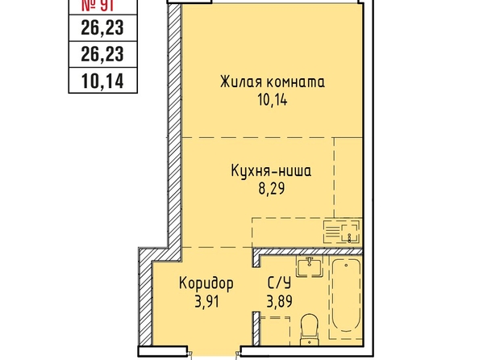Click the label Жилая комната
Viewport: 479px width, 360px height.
pyautogui.click(x=273, y=82)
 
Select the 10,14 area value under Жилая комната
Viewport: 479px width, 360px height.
pyautogui.click(x=273, y=100)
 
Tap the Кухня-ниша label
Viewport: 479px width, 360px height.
pyautogui.click(x=271, y=170)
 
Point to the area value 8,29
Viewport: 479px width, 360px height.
pyautogui.click(x=272, y=188)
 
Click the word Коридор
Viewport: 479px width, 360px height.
pyautogui.click(x=206, y=283)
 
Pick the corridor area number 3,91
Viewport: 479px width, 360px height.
pyautogui.click(x=206, y=302)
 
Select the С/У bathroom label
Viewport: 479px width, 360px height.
pyautogui.click(x=279, y=283)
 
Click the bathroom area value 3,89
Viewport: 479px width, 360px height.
pyautogui.click(x=280, y=301)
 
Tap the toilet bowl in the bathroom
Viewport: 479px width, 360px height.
pyautogui.click(x=310, y=326)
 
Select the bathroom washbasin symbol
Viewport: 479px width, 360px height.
pyautogui.click(x=310, y=266)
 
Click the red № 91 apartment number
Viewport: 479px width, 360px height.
pyautogui.click(x=98, y=6)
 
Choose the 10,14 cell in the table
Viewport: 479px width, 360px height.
pyautogui.click(x=102, y=81)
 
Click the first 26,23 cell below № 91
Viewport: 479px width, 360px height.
pyautogui.click(x=102, y=27)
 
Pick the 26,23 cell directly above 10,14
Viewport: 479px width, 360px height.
pyautogui.click(x=102, y=54)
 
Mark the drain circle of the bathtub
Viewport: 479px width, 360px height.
pyautogui.click(x=346, y=266)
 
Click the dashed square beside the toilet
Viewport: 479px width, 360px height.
pyautogui.click(x=275, y=331)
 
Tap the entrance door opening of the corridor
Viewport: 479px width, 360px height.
pyautogui.click(x=214, y=351)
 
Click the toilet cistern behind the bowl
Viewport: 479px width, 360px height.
pyautogui.click(x=310, y=340)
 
